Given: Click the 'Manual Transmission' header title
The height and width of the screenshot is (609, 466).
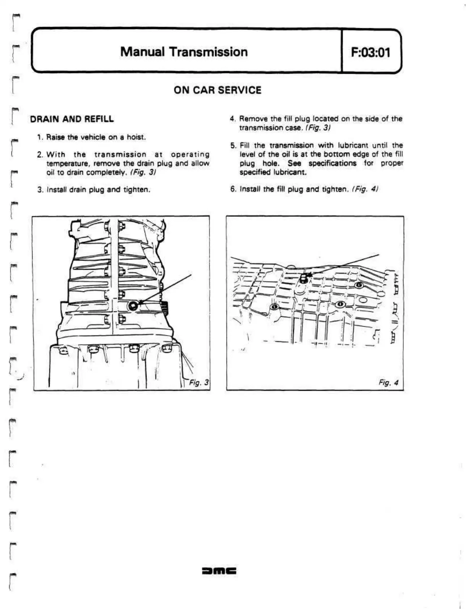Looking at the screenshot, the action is [x=184, y=52].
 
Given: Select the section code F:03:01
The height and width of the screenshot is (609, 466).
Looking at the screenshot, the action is [x=371, y=52].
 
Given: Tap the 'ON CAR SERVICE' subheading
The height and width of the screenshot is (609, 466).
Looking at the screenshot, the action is [x=217, y=90].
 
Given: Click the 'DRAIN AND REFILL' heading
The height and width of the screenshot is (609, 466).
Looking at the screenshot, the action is [x=72, y=119].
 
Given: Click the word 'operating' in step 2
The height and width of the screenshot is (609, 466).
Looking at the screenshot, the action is [x=190, y=154].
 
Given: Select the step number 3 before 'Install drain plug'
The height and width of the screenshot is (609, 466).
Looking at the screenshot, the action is [x=39, y=190].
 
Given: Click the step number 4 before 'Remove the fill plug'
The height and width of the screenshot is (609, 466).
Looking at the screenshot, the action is [x=232, y=119].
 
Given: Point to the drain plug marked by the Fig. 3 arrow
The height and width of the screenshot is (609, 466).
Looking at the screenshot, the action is [x=133, y=305].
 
